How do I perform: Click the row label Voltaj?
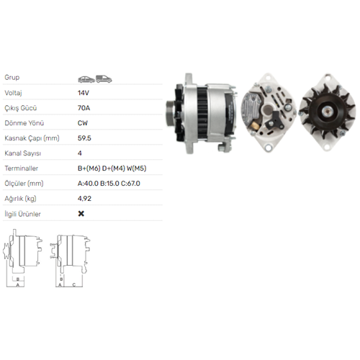[13, 93]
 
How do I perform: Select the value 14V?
[84, 93]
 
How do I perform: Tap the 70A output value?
[84, 108]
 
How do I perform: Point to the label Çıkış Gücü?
[21, 108]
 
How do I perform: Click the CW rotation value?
[83, 123]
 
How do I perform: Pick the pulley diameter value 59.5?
[84, 138]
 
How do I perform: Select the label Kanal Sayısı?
[23, 153]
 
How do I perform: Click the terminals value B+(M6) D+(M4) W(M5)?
[112, 168]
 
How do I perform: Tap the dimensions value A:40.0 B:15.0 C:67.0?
[109, 184]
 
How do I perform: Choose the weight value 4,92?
[84, 199]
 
